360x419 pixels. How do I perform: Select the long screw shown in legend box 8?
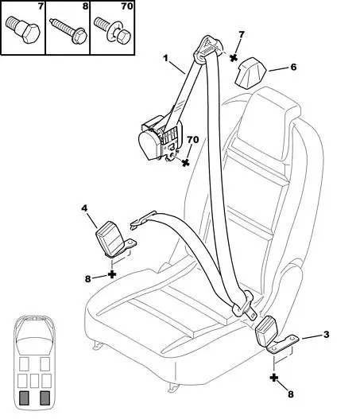tap(68, 31)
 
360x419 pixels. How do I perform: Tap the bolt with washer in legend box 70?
tap(113, 31)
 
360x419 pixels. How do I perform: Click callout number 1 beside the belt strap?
tap(166, 58)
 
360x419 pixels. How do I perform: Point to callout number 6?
tap(293, 67)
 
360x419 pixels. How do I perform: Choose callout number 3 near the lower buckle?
tap(326, 334)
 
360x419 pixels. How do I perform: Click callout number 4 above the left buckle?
tap(84, 208)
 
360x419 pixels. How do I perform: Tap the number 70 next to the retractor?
tap(192, 139)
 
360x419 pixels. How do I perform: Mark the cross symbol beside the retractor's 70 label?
tap(186, 162)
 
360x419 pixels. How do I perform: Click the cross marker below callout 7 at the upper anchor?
tap(234, 57)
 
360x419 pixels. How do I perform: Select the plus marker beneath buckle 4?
tap(112, 274)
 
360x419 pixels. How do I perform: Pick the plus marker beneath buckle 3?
tap(274, 378)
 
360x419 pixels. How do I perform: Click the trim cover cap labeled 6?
tap(250, 72)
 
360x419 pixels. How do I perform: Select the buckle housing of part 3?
tap(266, 331)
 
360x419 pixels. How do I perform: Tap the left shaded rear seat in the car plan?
tap(24, 398)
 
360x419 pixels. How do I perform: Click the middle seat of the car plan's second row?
tap(34, 381)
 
